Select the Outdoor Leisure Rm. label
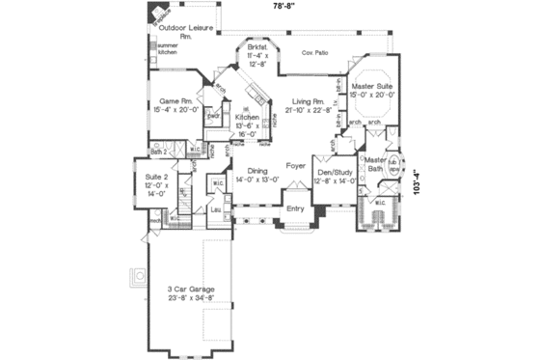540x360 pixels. click(186, 32)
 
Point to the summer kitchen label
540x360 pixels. click(168, 48)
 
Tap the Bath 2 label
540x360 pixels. click(159, 152)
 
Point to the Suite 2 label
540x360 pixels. click(156, 182)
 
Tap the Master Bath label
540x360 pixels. click(374, 163)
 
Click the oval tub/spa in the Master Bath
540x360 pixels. click(395, 165)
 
